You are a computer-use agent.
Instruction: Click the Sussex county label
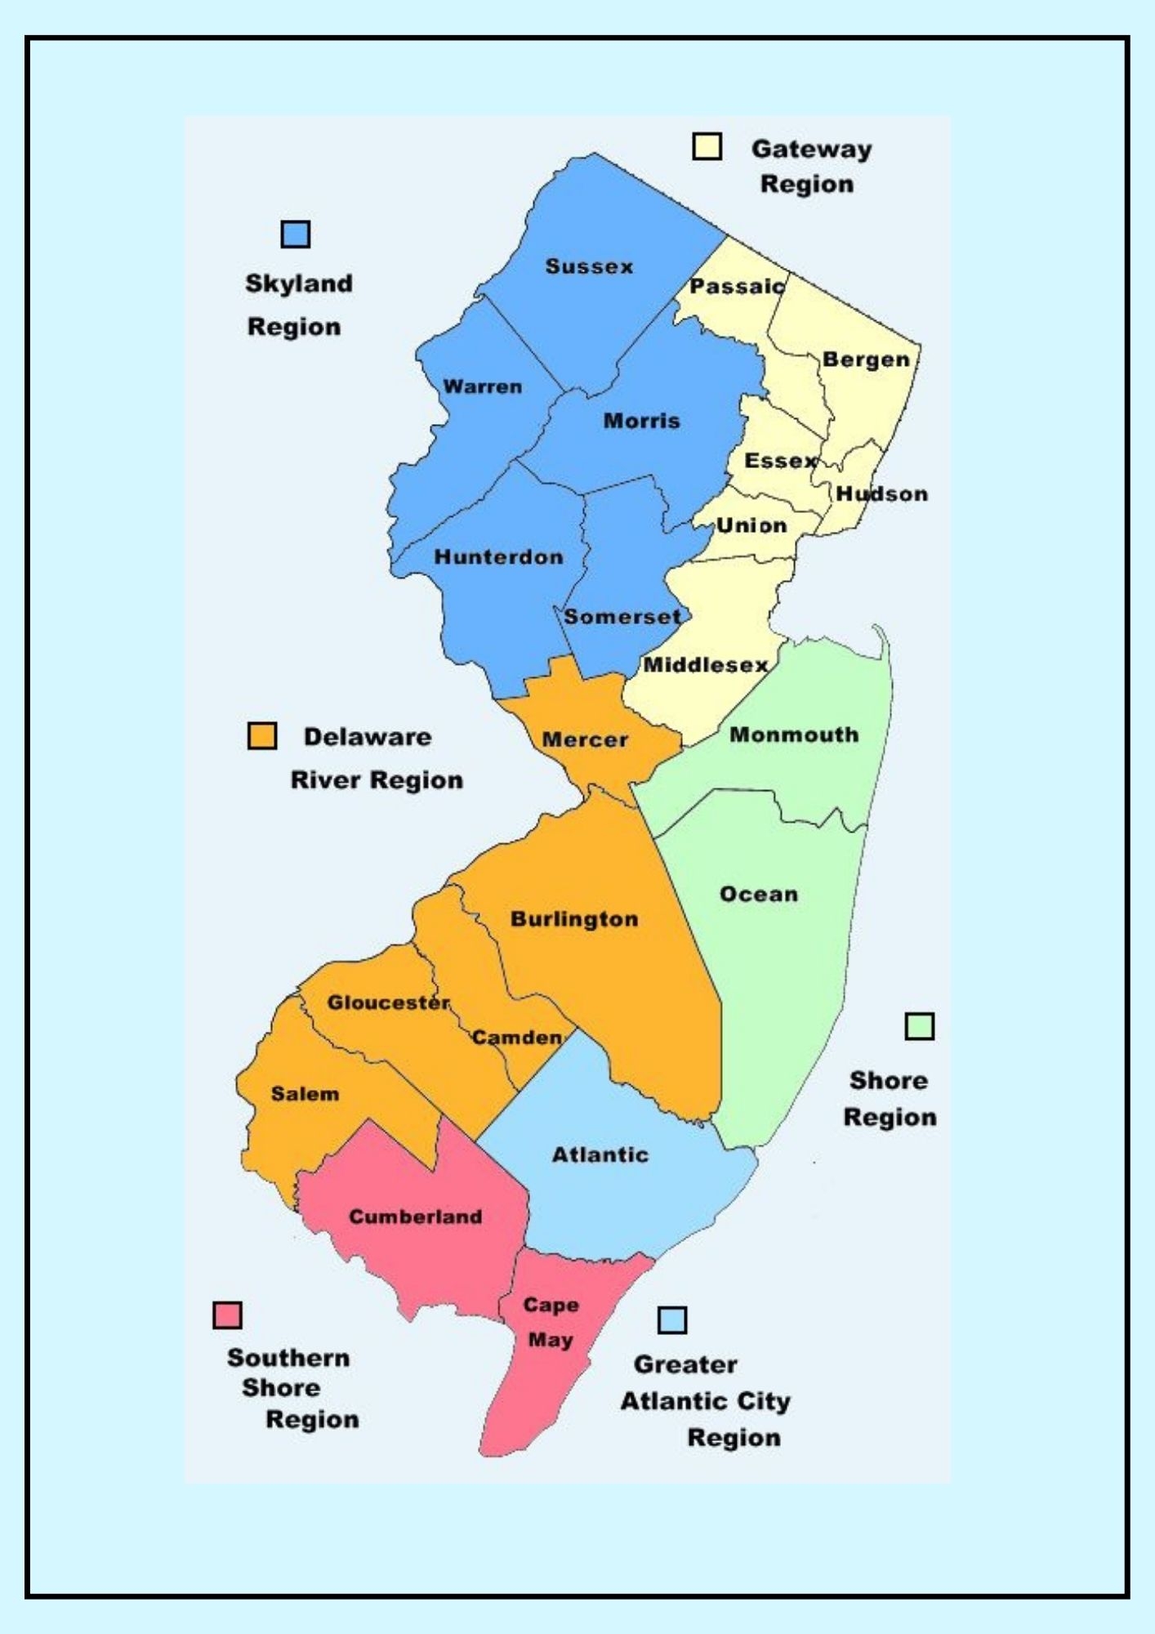tap(589, 267)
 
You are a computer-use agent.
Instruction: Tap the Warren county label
tap(482, 387)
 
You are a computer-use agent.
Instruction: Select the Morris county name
tap(641, 422)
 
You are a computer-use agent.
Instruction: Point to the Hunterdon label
tap(498, 557)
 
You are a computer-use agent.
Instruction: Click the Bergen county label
tap(866, 360)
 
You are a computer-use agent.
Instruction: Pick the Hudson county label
tap(881, 494)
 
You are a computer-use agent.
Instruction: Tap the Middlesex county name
tap(706, 665)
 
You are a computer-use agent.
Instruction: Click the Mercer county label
tap(585, 740)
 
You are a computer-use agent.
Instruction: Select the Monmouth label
tap(794, 734)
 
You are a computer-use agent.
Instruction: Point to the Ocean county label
tap(759, 895)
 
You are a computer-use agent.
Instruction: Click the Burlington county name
tap(574, 920)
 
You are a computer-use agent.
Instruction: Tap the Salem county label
tap(305, 1094)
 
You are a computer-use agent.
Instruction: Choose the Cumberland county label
tap(416, 1217)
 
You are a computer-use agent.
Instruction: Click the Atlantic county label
tap(600, 1155)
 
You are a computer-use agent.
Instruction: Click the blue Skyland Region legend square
tap(296, 234)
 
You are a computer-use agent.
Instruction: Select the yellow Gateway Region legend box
tap(707, 146)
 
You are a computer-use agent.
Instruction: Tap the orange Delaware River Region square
tap(262, 735)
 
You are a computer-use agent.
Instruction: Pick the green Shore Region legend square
tap(919, 1026)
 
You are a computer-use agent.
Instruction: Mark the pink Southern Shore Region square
tap(227, 1315)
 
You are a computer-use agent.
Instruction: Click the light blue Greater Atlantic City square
tap(672, 1319)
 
